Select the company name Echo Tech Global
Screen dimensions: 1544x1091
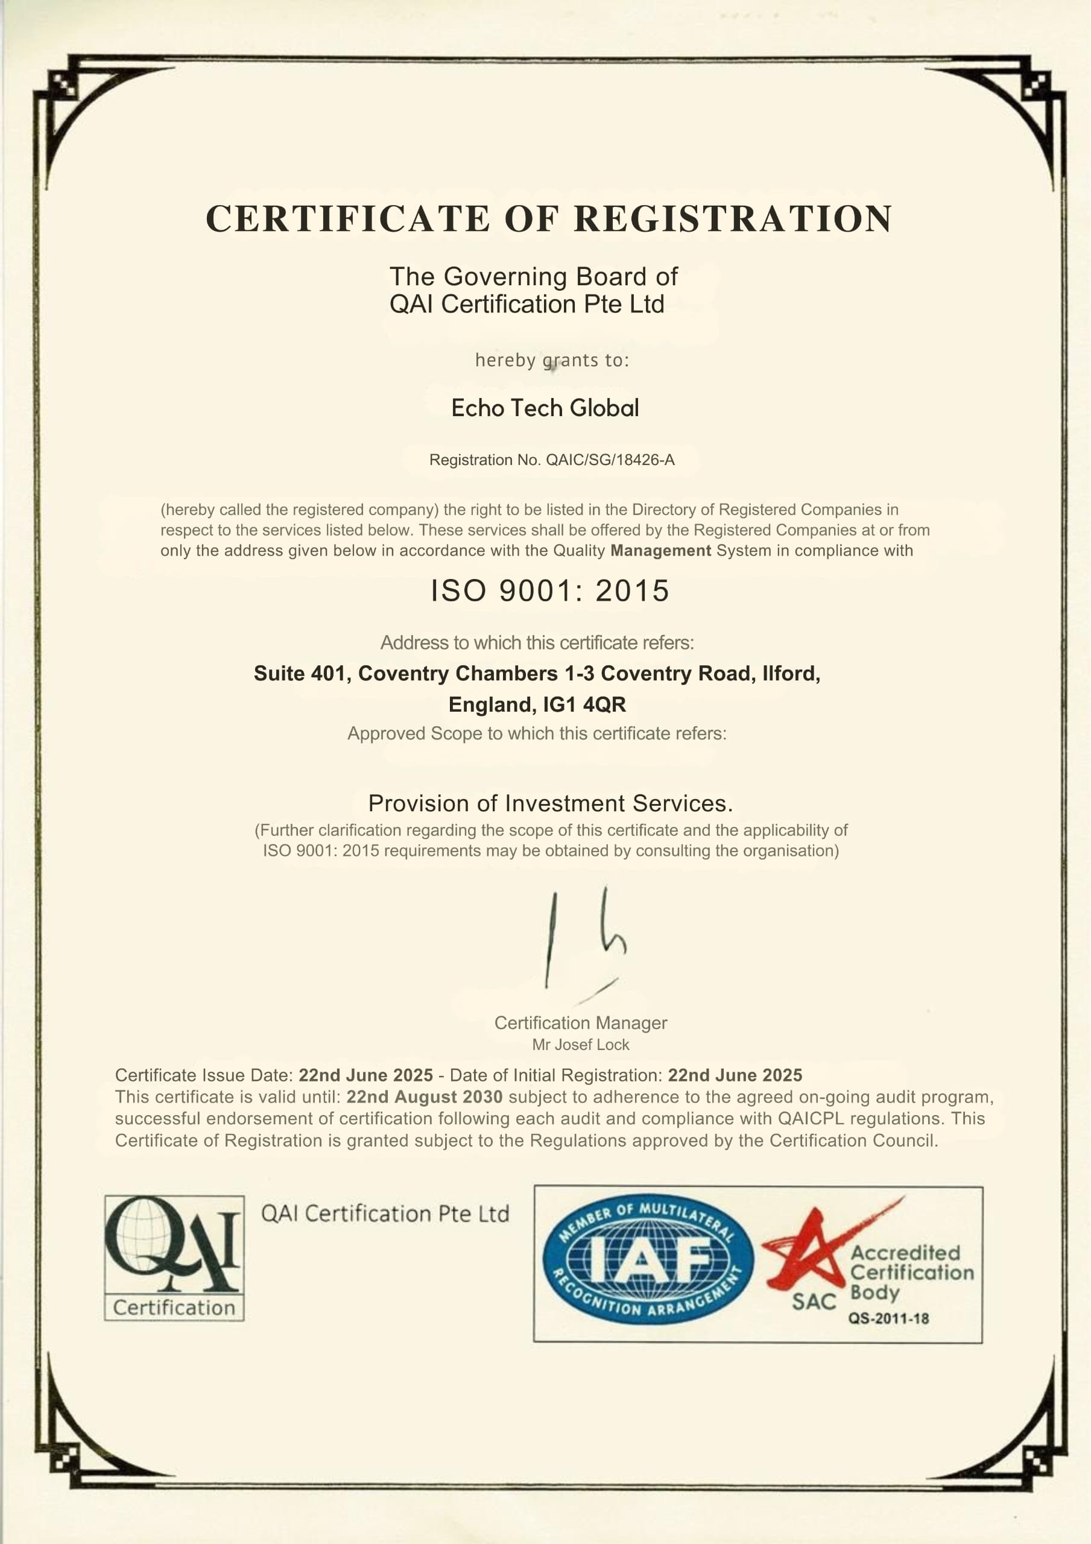pos(545,408)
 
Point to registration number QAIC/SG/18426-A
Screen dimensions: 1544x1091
pos(610,460)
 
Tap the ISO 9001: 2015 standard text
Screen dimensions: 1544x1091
pos(549,591)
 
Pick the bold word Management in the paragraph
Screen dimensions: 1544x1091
pos(660,551)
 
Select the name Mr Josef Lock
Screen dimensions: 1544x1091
pos(580,1045)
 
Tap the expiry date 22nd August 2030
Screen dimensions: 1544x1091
pos(424,1097)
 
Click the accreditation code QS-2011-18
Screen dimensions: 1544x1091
pos(888,1318)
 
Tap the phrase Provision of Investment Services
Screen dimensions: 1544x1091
pos(549,803)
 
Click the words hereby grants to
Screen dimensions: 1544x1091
pos(552,361)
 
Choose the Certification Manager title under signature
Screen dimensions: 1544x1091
pos(580,1023)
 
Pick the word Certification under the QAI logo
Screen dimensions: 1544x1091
pos(174,1308)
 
